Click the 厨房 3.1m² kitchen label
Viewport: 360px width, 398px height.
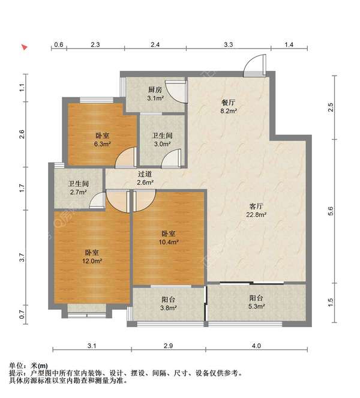click(x=156, y=94)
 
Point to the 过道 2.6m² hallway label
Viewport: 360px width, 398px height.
click(x=145, y=178)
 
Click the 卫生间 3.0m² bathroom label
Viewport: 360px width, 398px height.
click(x=162, y=140)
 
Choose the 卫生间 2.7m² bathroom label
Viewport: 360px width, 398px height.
click(x=78, y=188)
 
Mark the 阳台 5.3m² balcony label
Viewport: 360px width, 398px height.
click(x=257, y=302)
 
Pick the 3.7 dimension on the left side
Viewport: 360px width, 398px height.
click(x=22, y=258)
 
